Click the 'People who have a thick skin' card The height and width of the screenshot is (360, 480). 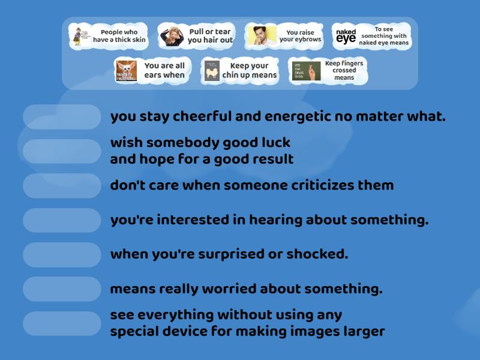109,36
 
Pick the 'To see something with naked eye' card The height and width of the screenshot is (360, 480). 371,36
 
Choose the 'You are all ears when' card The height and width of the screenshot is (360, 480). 151,70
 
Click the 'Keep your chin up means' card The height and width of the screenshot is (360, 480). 239,70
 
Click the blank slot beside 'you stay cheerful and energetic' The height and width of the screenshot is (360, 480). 62,117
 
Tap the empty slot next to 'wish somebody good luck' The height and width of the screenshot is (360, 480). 62,151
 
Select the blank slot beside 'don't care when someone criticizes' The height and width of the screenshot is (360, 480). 62,185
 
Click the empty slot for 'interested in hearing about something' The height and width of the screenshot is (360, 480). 62,220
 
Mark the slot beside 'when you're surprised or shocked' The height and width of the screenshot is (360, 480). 62,254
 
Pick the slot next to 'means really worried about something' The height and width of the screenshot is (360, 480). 62,289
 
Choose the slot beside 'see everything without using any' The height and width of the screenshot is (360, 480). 62,323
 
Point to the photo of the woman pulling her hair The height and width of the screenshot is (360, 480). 172,36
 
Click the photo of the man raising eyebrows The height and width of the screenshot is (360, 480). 262,36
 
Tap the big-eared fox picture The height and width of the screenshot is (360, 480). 127,71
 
